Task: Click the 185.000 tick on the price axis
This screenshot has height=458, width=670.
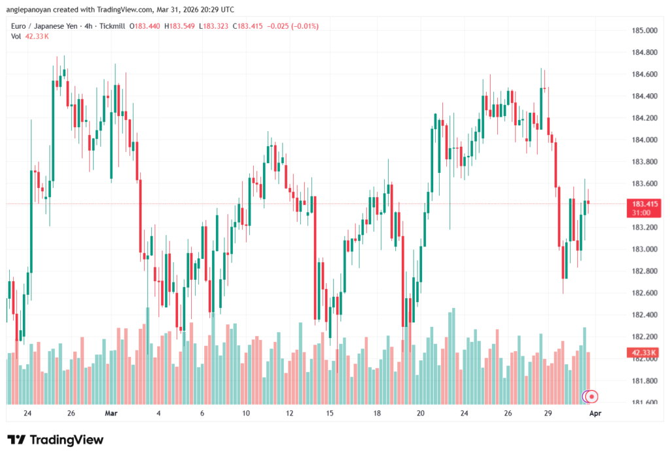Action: pyautogui.click(x=644, y=31)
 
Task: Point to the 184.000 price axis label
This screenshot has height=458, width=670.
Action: pyautogui.click(x=644, y=140)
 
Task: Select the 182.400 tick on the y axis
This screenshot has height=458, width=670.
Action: pyautogui.click(x=644, y=315)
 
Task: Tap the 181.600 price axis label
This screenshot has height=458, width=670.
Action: pyautogui.click(x=644, y=402)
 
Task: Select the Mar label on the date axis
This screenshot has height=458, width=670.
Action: pyautogui.click(x=111, y=413)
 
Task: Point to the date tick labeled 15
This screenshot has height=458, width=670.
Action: pyautogui.click(x=330, y=413)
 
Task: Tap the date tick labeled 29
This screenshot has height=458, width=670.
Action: pyautogui.click(x=548, y=413)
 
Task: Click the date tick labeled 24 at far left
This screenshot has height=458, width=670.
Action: pyautogui.click(x=27, y=413)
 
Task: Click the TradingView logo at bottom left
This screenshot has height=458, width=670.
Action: pyautogui.click(x=55, y=440)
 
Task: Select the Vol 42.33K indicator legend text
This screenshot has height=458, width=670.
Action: pyautogui.click(x=30, y=36)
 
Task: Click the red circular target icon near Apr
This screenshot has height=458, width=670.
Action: pyautogui.click(x=592, y=396)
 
